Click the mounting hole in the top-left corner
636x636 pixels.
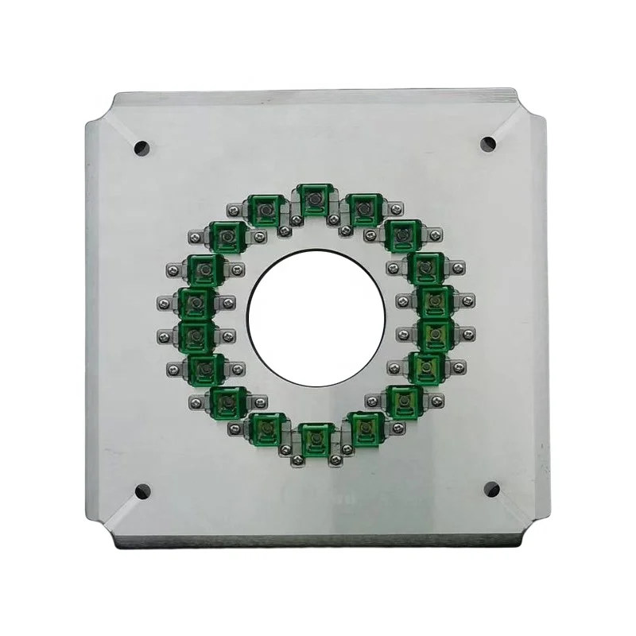[142, 148]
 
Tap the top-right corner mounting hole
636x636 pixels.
[489, 144]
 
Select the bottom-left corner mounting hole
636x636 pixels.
[142, 491]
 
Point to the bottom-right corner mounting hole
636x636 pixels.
[491, 489]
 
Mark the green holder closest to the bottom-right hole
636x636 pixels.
[405, 401]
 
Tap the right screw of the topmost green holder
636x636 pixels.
[335, 219]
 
